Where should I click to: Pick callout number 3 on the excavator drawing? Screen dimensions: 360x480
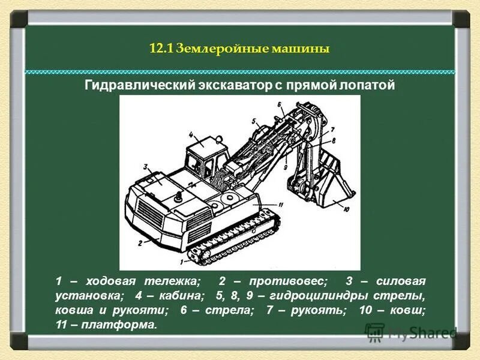click(146, 166)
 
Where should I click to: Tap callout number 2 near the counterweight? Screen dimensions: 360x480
click(139, 243)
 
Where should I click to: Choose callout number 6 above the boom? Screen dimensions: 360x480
click(280, 106)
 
